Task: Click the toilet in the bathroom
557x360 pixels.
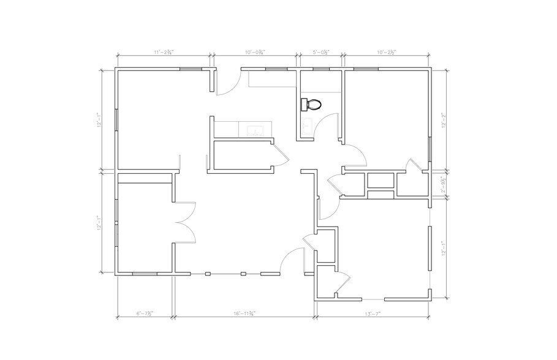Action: tap(312, 105)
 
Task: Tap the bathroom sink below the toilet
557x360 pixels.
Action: tap(306, 127)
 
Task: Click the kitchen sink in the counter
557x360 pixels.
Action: tap(255, 130)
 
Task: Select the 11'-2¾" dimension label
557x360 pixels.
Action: tap(164, 53)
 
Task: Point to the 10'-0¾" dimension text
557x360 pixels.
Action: tap(254, 53)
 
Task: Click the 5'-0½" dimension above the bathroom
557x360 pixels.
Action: tap(320, 53)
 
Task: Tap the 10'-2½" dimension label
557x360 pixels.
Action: tap(387, 53)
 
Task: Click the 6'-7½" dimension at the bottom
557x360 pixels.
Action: tap(145, 313)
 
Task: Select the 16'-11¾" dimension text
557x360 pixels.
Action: tap(244, 313)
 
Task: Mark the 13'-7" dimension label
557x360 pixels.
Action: tap(372, 313)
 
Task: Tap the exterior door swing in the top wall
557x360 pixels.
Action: tap(225, 84)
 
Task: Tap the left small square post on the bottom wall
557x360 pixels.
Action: tap(208, 273)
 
